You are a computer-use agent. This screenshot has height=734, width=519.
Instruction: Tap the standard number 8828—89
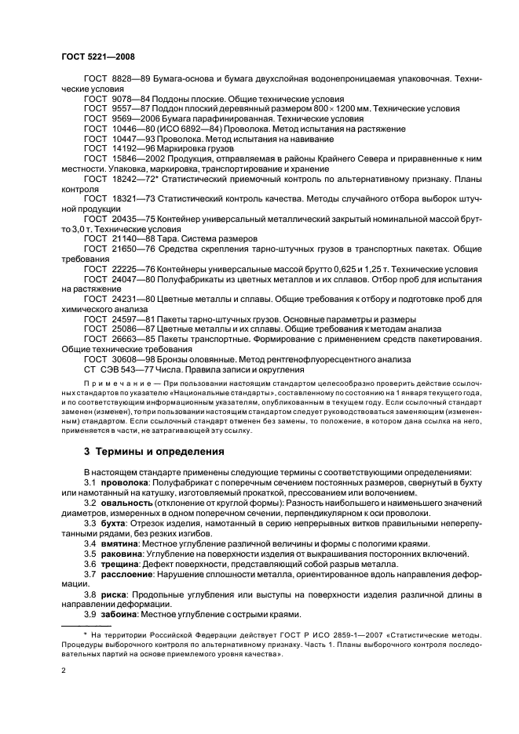pos(126,79)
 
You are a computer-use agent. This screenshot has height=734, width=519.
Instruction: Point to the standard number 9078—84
pos(126,100)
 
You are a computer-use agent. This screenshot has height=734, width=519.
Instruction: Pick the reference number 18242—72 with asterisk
pos(131,179)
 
